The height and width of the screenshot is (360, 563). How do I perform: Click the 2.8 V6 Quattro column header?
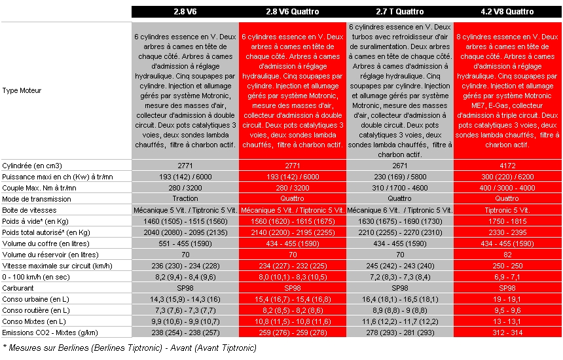[292, 12]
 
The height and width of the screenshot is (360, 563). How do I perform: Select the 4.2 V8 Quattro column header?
[507, 12]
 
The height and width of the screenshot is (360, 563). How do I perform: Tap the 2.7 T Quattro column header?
[399, 12]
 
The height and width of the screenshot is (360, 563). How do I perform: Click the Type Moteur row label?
[22, 90]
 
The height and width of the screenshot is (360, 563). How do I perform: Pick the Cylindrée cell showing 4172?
[507, 166]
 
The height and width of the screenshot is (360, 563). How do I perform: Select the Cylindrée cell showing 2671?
[399, 166]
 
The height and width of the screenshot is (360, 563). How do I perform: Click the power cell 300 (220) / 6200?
[507, 177]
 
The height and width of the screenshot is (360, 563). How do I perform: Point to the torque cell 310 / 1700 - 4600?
[399, 188]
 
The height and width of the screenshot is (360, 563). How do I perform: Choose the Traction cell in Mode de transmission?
[185, 198]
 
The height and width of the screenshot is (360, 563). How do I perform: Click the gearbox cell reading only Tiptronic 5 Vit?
[507, 209]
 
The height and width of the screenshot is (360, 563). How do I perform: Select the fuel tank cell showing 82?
[507, 255]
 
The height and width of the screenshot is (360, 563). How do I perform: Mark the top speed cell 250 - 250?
[507, 266]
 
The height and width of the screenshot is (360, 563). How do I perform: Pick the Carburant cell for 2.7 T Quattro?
[399, 288]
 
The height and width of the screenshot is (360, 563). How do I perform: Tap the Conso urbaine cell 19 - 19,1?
[507, 299]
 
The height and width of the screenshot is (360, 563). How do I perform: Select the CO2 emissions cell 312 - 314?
[507, 332]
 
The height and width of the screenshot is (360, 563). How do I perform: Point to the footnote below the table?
[130, 348]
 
